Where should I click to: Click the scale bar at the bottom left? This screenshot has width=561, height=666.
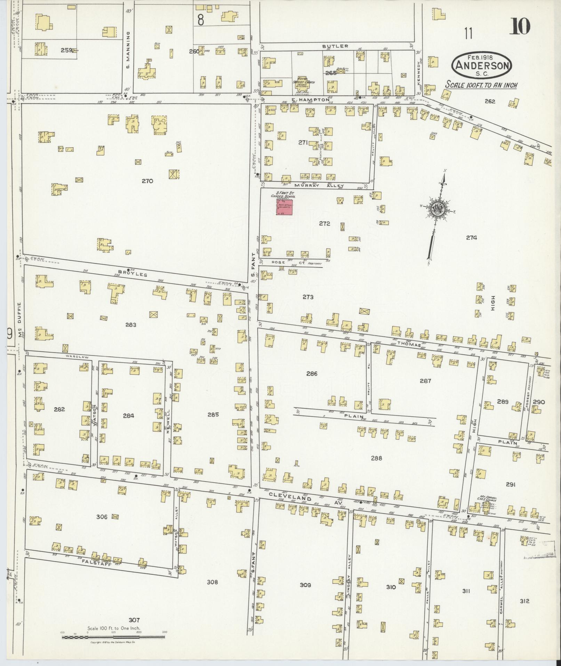click(x=113, y=637)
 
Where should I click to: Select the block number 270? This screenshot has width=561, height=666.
click(x=147, y=181)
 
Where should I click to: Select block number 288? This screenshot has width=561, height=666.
click(x=376, y=458)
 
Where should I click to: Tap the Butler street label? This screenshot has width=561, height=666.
click(x=330, y=46)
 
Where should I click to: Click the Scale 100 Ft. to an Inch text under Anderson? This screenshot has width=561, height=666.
click(x=482, y=85)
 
